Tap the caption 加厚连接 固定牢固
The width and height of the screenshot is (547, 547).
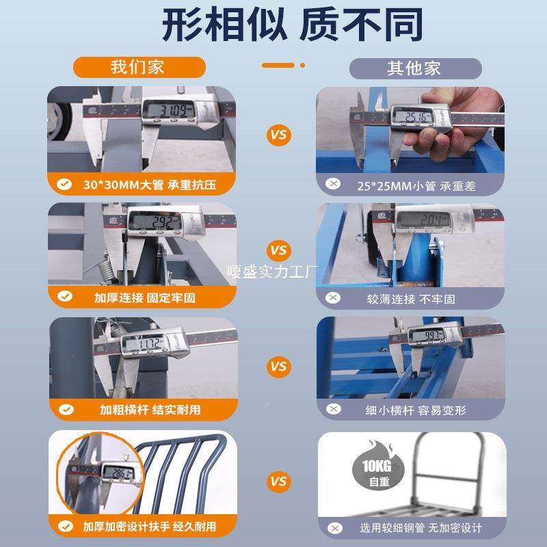tap(144, 297)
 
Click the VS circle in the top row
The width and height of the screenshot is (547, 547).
tap(278, 135)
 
